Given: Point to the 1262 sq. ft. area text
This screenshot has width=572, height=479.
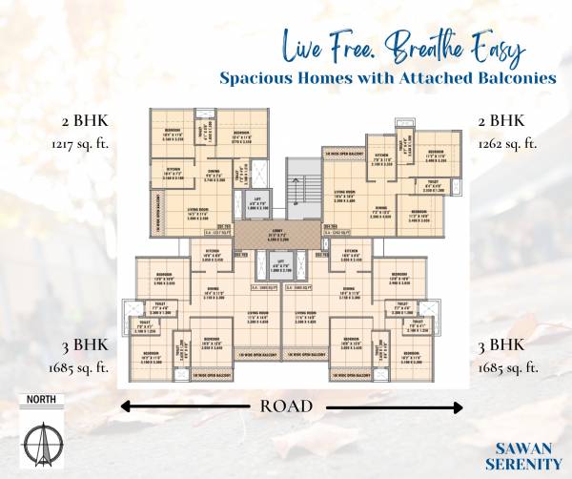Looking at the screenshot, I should (x=506, y=144).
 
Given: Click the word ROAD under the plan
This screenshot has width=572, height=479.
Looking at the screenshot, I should (x=286, y=406).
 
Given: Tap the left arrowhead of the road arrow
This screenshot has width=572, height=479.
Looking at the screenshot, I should (x=125, y=406).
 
